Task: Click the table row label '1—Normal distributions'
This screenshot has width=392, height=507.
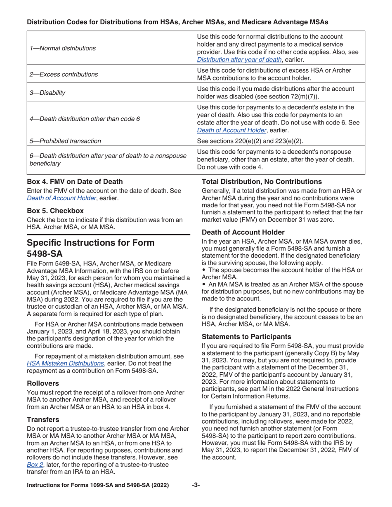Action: tap(62, 48)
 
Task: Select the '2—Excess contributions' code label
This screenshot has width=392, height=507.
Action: tap(64, 74)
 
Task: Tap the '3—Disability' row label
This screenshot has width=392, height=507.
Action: tap(47, 93)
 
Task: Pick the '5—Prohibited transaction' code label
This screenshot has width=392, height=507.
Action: tap(65, 141)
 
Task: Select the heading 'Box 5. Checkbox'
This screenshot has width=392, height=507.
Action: tap(55, 211)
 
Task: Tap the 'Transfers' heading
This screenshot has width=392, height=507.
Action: tap(43, 419)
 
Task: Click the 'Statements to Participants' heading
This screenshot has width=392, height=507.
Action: tap(246, 336)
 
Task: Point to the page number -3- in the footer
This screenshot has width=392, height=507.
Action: tap(196, 485)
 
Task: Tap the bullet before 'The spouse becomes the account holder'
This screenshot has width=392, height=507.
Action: tap(203, 270)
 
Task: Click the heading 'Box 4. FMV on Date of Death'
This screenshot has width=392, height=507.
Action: tap(75, 181)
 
